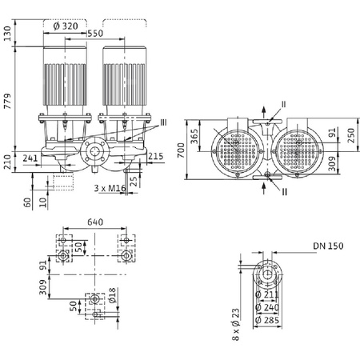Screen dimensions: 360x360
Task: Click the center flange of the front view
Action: pos(94,153)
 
